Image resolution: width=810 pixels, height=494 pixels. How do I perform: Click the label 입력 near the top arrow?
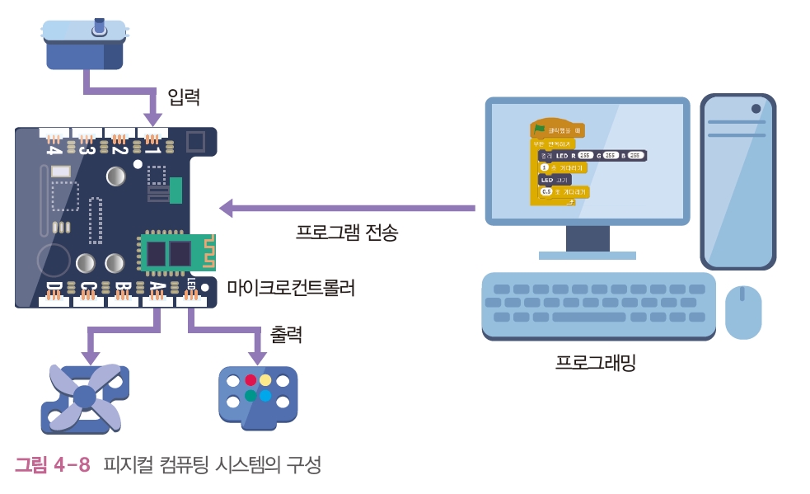(x=184, y=96)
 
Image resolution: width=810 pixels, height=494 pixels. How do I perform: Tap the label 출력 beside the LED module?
(x=287, y=335)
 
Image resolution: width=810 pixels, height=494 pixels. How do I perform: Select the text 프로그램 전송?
(x=347, y=233)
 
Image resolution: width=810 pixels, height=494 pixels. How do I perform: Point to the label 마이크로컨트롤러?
(x=291, y=289)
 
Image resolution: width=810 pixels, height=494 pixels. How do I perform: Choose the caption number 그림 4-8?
(x=53, y=465)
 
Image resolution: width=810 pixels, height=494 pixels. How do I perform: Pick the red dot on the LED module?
(x=250, y=380)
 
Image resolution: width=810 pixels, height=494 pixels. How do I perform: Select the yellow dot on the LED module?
(x=265, y=380)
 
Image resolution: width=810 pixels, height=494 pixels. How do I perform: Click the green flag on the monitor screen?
(x=540, y=129)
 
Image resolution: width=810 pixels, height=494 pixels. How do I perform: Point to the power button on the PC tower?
(x=756, y=109)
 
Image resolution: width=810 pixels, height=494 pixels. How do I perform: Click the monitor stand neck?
(x=588, y=238)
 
